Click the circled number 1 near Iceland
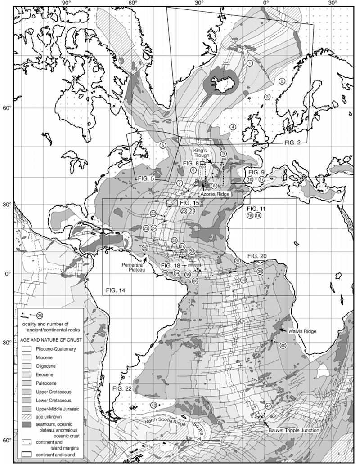(249, 63)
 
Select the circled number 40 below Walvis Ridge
(283, 345)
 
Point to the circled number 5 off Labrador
(162, 145)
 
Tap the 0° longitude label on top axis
(265, 4)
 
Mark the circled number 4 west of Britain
(233, 127)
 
